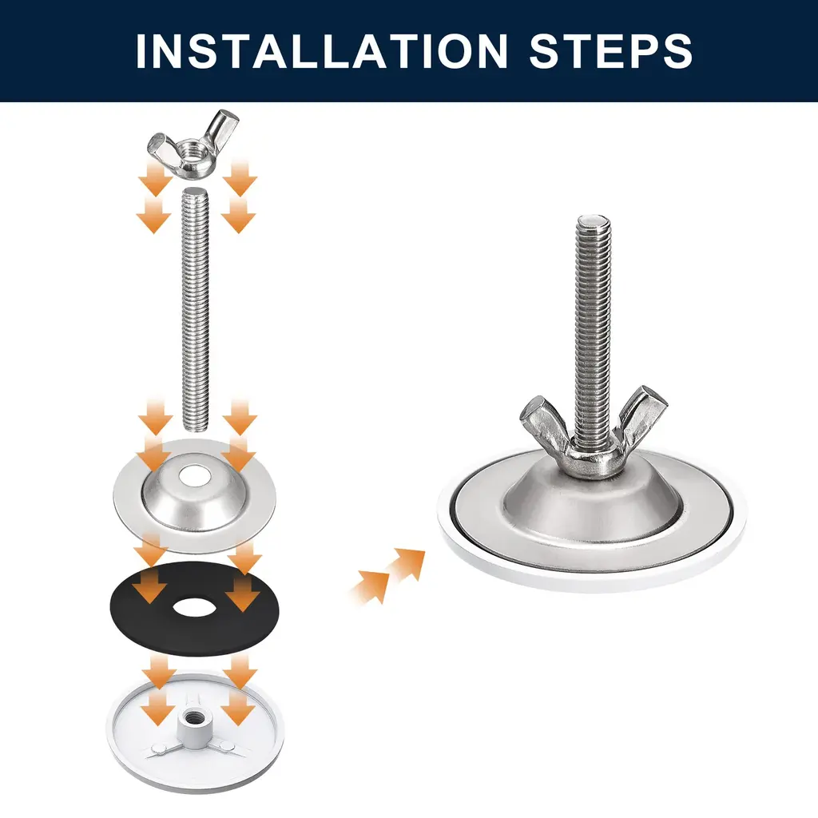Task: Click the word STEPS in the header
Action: pyautogui.click(x=611, y=50)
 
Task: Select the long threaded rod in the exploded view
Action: pyautogui.click(x=197, y=309)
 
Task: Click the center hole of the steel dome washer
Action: pyautogui.click(x=193, y=475)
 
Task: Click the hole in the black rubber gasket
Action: pyautogui.click(x=193, y=608)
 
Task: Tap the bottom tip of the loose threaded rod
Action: pyautogui.click(x=197, y=428)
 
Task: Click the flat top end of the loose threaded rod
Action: pyautogui.click(x=197, y=192)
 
